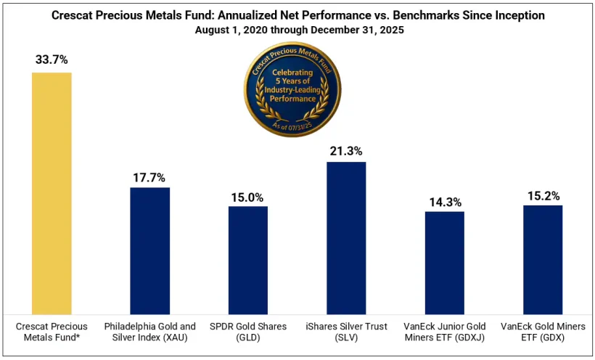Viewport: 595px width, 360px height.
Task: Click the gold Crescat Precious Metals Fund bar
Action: [52, 192]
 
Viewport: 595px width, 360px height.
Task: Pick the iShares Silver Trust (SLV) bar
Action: [346, 237]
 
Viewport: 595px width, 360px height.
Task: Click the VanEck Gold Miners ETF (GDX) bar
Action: [543, 258]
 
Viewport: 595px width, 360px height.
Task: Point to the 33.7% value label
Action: [52, 60]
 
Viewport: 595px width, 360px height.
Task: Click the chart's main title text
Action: [297, 15]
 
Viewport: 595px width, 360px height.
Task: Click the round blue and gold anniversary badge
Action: [292, 91]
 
